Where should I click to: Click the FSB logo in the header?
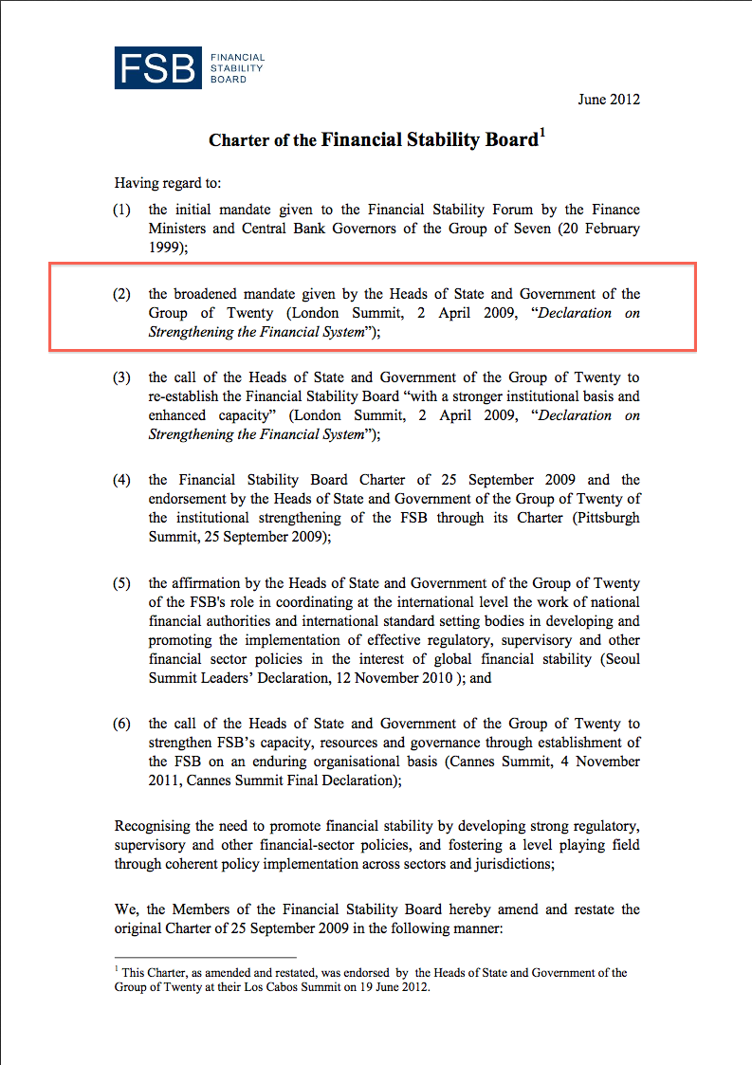click(x=190, y=66)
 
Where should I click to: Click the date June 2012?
click(x=609, y=100)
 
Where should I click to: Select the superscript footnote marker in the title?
click(x=541, y=134)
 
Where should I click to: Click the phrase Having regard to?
click(x=168, y=183)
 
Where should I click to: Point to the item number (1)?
click(x=121, y=210)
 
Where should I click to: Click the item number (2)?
click(x=121, y=294)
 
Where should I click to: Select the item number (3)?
click(x=121, y=377)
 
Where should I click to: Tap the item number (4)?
click(x=121, y=480)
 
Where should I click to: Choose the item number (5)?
click(x=121, y=583)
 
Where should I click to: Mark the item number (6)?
click(x=121, y=724)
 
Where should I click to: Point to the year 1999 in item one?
click(x=163, y=248)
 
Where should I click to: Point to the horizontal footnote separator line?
click(x=206, y=958)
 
